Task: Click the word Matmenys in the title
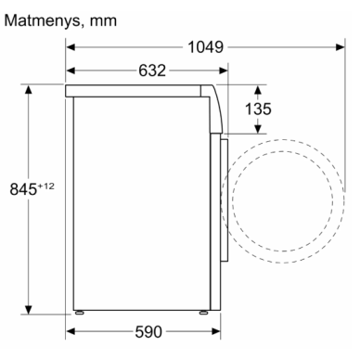click(x=43, y=21)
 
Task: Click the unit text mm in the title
click(x=103, y=21)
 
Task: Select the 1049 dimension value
click(x=205, y=47)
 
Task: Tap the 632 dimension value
click(x=152, y=71)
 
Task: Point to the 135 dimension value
click(x=258, y=109)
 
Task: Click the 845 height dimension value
click(x=23, y=189)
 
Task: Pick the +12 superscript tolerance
click(x=45, y=186)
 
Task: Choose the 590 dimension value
click(x=148, y=332)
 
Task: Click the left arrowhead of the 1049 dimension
click(x=71, y=47)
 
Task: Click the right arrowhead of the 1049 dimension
click(x=341, y=47)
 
